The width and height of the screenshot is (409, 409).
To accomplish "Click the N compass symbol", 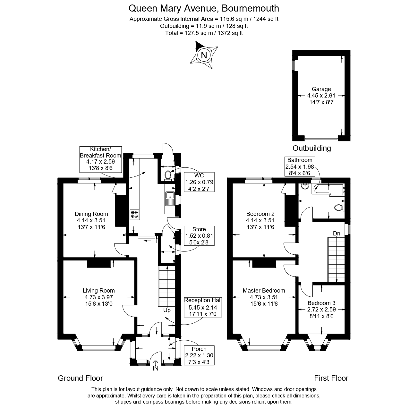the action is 204,55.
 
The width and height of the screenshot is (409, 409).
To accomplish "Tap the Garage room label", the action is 321,89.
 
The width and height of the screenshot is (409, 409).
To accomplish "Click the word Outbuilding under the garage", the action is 311,148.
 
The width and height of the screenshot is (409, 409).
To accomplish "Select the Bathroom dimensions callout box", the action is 300,166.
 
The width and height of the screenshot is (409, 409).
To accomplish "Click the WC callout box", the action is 199,182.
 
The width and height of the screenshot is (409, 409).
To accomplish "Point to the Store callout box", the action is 199,235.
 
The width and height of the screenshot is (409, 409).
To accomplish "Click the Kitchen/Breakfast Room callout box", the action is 101,159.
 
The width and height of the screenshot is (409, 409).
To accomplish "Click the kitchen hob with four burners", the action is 134,214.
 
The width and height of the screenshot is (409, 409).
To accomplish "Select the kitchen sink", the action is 170,199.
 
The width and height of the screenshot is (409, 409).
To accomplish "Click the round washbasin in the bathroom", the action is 305,187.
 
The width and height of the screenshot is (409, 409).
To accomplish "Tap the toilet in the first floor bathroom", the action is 339,207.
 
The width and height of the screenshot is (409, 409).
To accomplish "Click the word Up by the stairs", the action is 167,310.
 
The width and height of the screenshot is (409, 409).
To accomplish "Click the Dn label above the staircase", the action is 337,234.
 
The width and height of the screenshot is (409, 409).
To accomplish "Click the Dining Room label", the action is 91,214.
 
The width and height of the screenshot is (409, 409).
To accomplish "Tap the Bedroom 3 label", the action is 321,303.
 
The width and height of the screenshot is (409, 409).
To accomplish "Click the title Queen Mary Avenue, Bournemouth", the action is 204,8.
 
